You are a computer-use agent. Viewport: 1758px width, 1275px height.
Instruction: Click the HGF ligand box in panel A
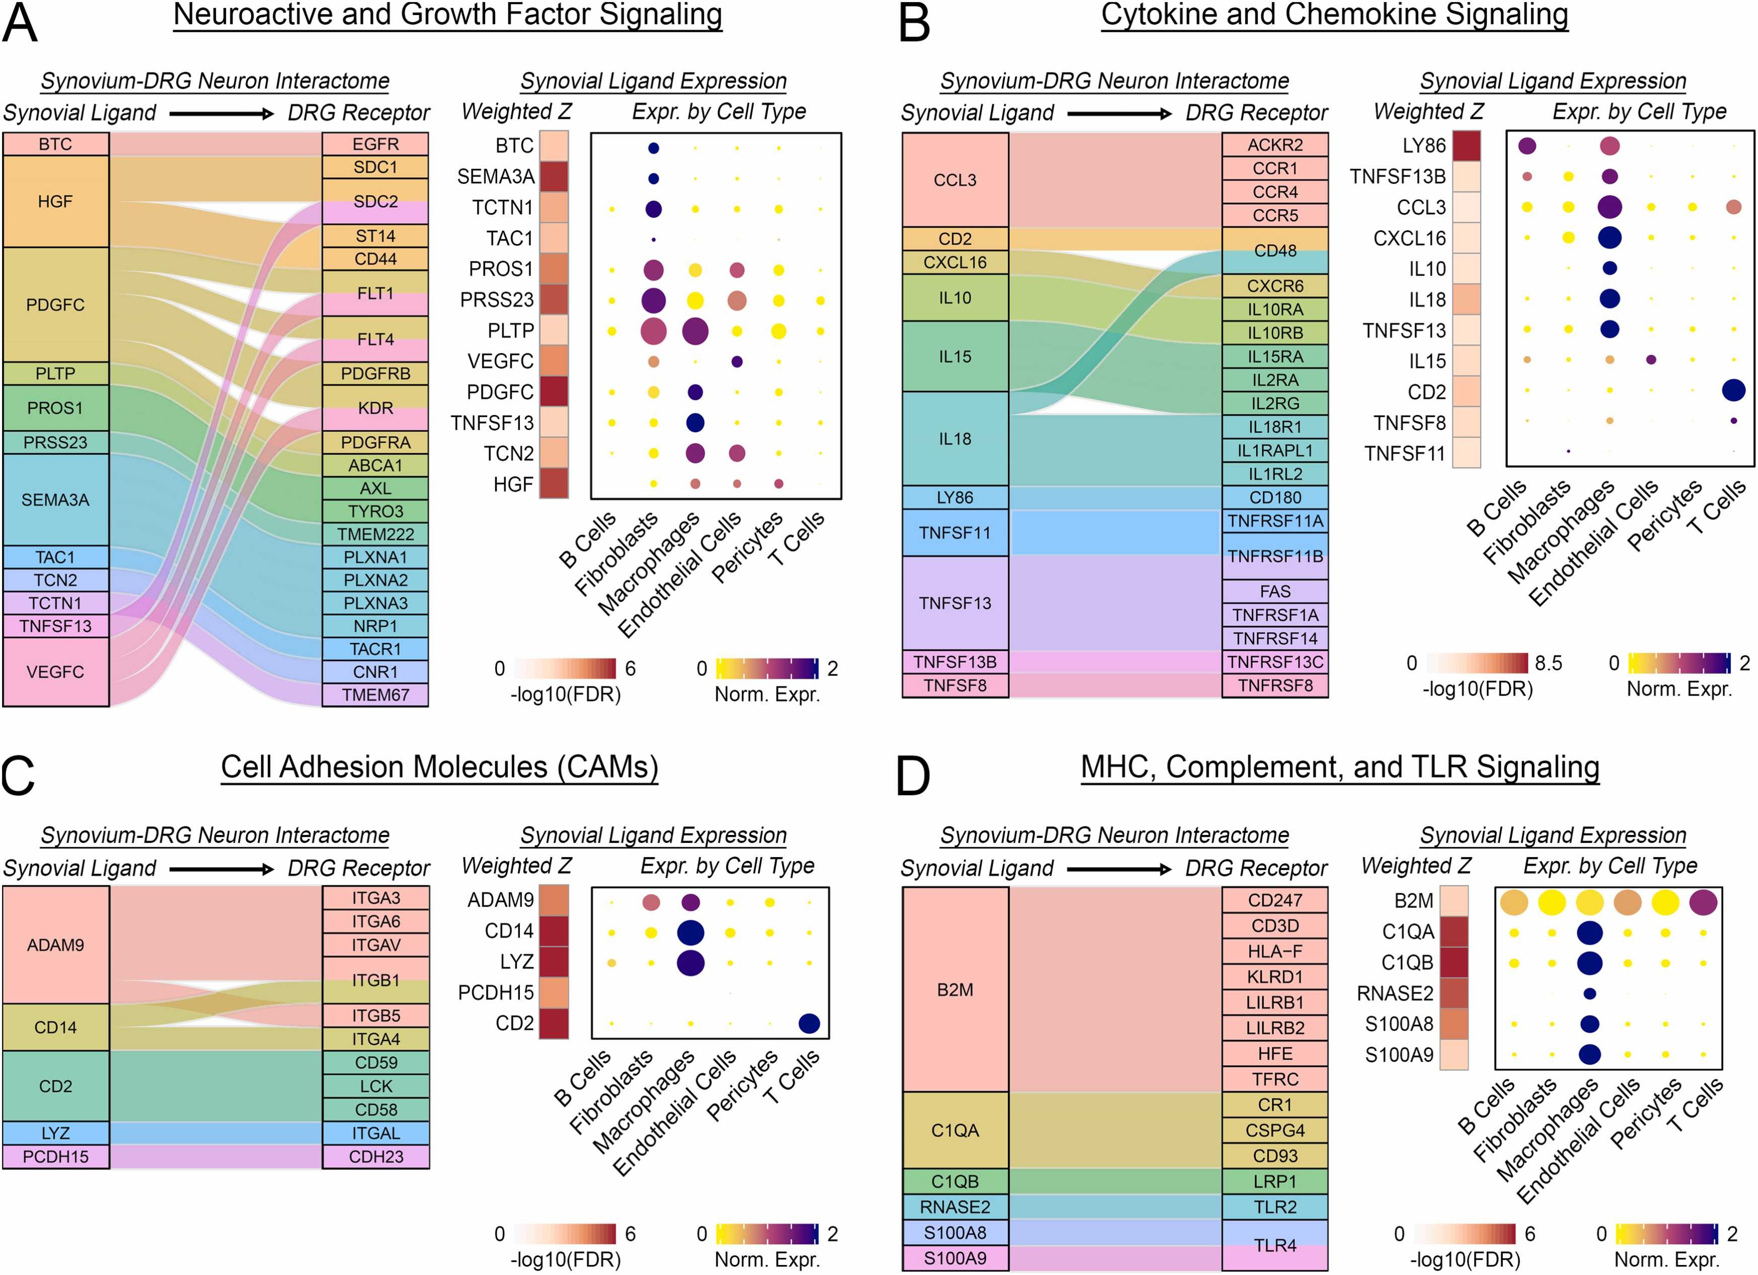(x=55, y=201)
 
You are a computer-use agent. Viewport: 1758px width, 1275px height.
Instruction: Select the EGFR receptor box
(x=375, y=144)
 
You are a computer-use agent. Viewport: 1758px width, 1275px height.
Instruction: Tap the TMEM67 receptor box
(x=375, y=695)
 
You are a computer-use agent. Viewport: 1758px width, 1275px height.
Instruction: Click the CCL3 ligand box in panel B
(x=954, y=180)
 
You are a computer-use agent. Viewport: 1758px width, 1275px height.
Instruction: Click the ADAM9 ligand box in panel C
(x=55, y=945)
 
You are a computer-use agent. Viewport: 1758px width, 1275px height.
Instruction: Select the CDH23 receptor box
(x=375, y=1156)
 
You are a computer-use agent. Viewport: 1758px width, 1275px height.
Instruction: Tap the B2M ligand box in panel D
(x=954, y=989)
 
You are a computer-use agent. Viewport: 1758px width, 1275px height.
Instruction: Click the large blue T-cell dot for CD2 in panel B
(x=1733, y=390)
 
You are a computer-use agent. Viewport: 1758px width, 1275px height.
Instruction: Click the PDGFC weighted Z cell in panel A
(x=554, y=392)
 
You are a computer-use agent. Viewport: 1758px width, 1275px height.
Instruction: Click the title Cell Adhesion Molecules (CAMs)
(x=439, y=767)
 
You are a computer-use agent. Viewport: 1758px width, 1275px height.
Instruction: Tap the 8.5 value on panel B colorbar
(x=1548, y=663)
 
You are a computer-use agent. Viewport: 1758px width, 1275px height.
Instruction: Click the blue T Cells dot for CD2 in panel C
(x=808, y=1024)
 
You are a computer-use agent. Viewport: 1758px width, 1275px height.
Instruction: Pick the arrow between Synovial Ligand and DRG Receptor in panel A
(x=221, y=114)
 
